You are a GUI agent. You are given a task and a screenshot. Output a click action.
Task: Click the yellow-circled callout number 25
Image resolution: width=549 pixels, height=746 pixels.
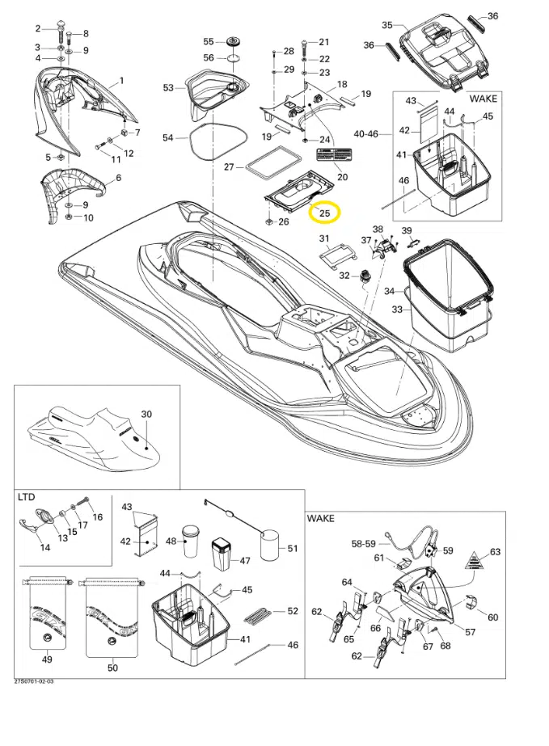point(325,213)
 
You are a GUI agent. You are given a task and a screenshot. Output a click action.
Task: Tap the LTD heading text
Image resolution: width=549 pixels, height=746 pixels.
point(26,498)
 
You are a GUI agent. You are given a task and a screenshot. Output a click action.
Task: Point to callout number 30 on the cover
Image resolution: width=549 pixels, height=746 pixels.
point(146,414)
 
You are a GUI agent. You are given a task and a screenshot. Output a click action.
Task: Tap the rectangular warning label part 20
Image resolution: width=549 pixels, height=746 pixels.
point(334,155)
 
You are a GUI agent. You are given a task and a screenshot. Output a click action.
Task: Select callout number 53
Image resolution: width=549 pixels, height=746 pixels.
point(168,87)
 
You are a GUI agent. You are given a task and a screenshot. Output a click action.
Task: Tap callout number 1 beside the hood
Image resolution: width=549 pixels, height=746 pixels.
point(121,80)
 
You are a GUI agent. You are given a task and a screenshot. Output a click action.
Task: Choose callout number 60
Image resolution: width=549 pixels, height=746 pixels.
point(493,617)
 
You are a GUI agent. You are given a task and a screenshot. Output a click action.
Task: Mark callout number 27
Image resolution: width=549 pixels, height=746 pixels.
point(229,167)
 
